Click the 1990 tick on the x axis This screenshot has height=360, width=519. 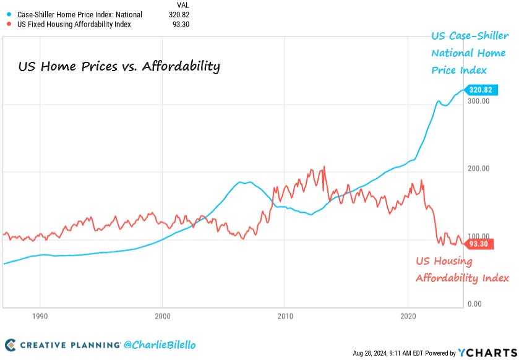[40, 315]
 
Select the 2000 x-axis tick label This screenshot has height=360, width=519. [163, 315]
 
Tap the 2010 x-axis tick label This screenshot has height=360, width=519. [285, 315]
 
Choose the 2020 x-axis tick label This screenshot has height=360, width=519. [408, 315]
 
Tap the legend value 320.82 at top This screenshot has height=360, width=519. [178, 14]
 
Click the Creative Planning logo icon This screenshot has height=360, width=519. [11, 345]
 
